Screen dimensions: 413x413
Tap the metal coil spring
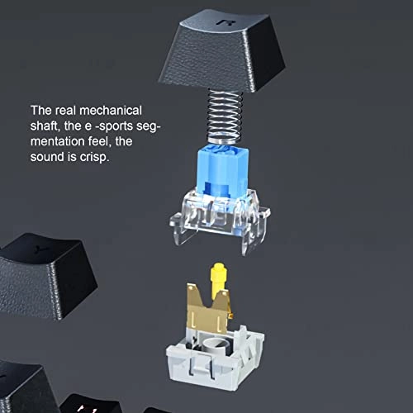point(225,116)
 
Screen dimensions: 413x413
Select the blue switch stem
point(222,171)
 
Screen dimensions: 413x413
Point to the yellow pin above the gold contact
point(219,280)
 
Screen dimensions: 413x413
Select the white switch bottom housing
point(215,358)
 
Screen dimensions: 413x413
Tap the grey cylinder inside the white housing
point(216,345)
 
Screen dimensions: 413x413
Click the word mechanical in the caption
point(111,111)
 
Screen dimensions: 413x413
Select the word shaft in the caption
point(45,126)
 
